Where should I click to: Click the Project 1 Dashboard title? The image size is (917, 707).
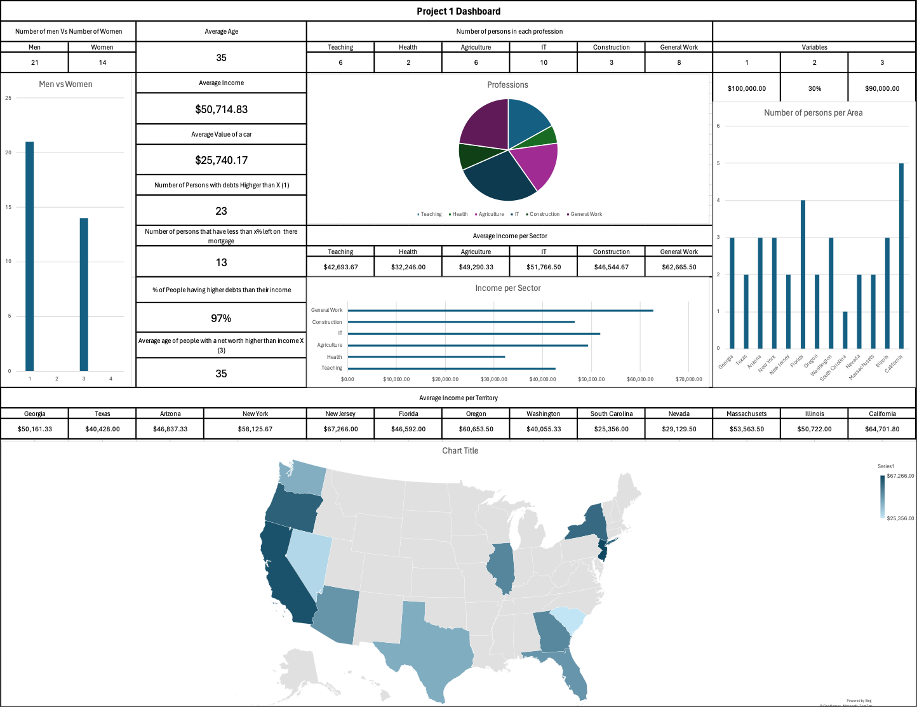(458, 11)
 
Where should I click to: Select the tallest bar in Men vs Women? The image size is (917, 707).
(29, 255)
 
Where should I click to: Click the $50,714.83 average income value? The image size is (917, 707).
(221, 109)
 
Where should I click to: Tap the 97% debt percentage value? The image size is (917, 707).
(221, 318)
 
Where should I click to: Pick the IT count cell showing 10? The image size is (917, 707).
(544, 62)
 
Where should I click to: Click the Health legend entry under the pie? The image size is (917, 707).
(458, 214)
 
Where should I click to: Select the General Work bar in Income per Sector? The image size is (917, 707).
(500, 311)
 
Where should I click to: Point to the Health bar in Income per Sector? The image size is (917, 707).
(426, 357)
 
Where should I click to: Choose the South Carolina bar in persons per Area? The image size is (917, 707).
(845, 330)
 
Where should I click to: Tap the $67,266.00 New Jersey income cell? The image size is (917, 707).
(340, 429)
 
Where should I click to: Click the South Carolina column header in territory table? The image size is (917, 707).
(611, 414)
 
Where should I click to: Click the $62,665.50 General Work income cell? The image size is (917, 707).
(679, 267)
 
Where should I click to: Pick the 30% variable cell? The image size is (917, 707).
(814, 88)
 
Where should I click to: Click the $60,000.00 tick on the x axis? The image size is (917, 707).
(640, 379)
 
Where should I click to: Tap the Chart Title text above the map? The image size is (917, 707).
(460, 450)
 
